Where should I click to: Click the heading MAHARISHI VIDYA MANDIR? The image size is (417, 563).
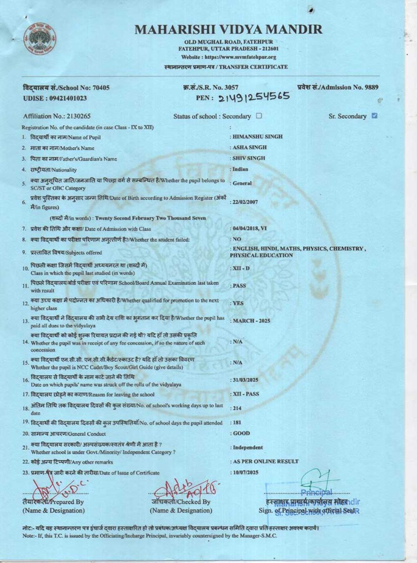(x=229, y=30)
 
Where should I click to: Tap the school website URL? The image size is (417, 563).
(x=229, y=57)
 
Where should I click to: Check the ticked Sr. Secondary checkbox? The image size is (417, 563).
(x=374, y=116)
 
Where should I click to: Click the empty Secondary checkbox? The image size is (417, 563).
(x=259, y=116)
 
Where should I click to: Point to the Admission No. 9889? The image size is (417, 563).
(x=338, y=87)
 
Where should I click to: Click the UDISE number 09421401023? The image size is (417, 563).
(x=55, y=98)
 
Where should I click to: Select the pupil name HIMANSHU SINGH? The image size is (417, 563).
(x=257, y=137)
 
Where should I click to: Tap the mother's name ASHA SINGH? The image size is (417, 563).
(x=249, y=148)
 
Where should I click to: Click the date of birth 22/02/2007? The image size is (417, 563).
(x=245, y=202)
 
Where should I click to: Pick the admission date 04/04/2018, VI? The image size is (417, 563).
(x=250, y=229)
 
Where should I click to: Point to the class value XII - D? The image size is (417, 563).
(x=241, y=268)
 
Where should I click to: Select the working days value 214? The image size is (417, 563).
(x=237, y=408)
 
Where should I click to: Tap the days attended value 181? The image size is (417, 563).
(x=237, y=422)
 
